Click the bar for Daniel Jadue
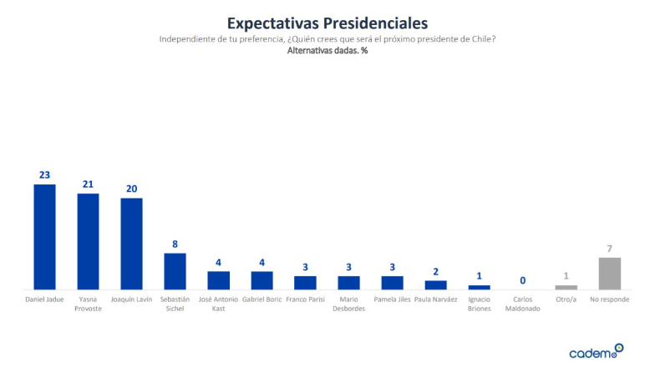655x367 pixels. pos(44,237)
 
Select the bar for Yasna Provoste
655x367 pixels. pos(88,242)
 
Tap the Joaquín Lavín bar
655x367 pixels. pos(131,244)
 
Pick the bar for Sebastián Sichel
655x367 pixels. pos(175,271)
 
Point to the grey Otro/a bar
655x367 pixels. pos(566,287)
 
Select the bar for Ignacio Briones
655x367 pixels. pos(480,287)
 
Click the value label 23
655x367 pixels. pos(44,175)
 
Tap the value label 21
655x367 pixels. pos(88,184)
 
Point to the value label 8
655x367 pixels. pos(175,244)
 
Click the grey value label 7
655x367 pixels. pos(610,249)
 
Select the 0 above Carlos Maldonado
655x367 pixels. pos(523,280)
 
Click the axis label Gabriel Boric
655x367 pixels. pos(262,299)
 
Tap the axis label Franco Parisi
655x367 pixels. pos(306,299)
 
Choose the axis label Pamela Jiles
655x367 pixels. pos(393,299)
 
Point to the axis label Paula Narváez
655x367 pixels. pos(436,299)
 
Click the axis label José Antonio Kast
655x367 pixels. pos(219,303)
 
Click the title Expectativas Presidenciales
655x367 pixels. pos(327,22)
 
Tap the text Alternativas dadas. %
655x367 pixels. pos(327,52)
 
